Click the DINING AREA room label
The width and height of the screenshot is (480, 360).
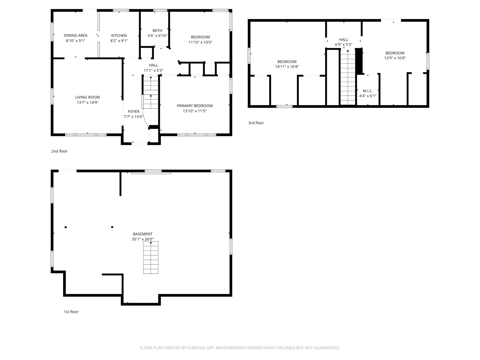[75, 35]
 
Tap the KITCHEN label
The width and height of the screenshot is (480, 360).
[119, 35]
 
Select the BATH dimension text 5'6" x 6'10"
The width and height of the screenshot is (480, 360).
[157, 36]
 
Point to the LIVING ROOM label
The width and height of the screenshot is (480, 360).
[88, 97]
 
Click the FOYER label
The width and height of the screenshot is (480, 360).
[133, 112]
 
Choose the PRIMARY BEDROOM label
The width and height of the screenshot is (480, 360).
[195, 106]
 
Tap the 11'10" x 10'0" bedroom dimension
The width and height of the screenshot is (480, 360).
[200, 42]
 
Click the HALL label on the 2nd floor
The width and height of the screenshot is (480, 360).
[153, 65]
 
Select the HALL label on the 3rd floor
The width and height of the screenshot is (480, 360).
[343, 40]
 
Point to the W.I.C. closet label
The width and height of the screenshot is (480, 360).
[367, 91]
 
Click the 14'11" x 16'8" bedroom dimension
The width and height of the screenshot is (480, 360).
[287, 67]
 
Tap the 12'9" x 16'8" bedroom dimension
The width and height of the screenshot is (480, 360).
[395, 58]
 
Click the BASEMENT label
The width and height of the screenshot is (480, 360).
[142, 234]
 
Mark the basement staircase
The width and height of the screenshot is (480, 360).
[151, 257]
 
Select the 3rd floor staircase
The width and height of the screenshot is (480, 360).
[348, 77]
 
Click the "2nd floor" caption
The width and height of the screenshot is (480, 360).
[59, 151]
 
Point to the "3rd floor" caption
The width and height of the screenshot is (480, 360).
[256, 123]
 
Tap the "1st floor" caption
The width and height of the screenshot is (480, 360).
[71, 312]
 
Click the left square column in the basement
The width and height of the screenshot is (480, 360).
[66, 227]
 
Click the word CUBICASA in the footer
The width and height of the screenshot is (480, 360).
[196, 348]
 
